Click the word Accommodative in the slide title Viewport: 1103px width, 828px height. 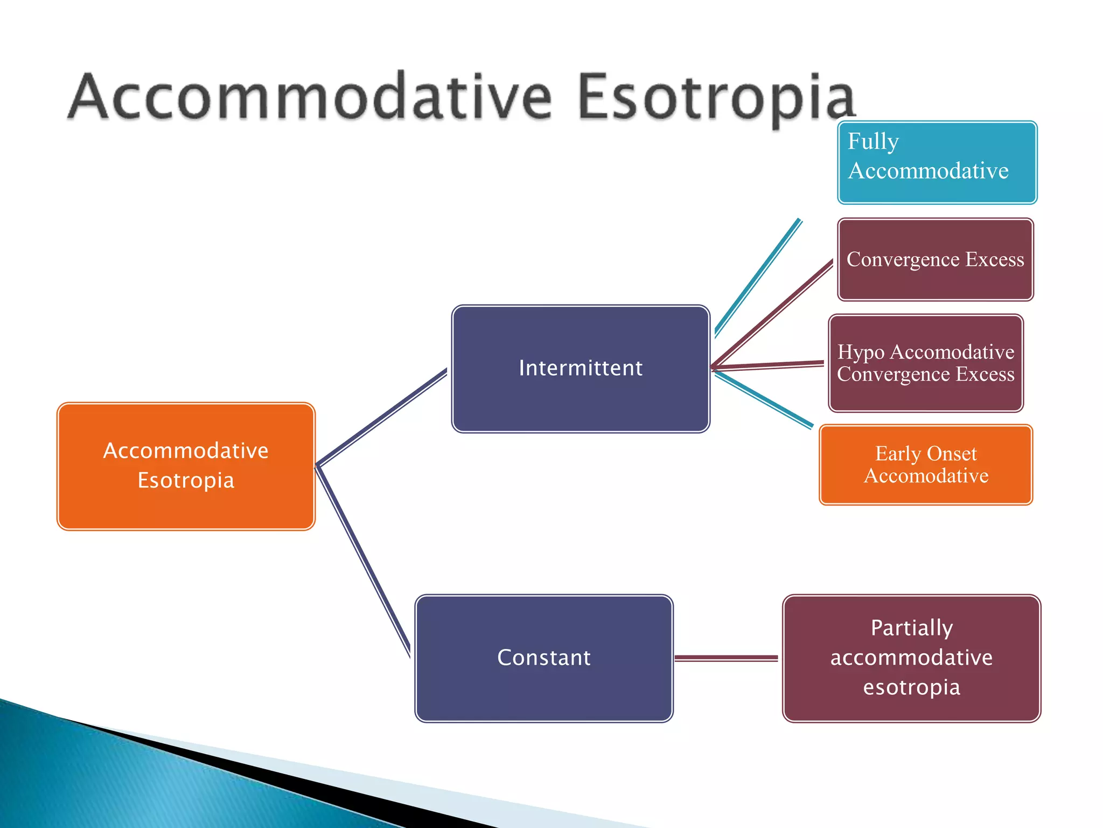(310, 97)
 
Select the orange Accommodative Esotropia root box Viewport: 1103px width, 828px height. (186, 466)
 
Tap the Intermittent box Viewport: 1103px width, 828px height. (581, 369)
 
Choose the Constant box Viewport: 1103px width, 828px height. (544, 658)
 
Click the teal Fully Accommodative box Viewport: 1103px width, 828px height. (937, 162)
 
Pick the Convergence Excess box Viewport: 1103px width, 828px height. (936, 259)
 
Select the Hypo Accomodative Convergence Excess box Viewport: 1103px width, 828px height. (926, 363)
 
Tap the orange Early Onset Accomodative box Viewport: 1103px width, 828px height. (926, 465)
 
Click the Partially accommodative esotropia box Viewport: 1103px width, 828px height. (911, 658)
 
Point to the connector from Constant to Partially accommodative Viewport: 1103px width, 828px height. (726, 658)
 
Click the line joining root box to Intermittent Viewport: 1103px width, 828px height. (381, 418)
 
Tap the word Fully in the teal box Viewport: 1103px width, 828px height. (873, 142)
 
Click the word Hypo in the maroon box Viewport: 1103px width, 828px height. (861, 353)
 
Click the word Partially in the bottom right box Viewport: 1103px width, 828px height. (911, 628)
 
